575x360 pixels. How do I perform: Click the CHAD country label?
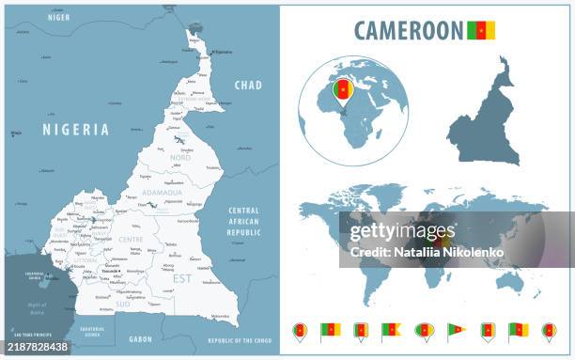point(248,85)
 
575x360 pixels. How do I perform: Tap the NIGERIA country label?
point(74,130)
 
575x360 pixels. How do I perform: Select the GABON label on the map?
point(140,338)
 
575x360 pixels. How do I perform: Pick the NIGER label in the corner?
point(58,17)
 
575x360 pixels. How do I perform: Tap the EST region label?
point(182,278)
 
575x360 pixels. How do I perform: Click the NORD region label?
point(179,158)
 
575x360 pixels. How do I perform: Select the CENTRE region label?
point(131,240)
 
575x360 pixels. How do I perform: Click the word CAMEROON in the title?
point(409,29)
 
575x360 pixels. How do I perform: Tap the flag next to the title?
point(481,30)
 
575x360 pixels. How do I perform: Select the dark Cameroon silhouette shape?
point(484,122)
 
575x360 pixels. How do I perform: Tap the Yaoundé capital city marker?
point(119,271)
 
